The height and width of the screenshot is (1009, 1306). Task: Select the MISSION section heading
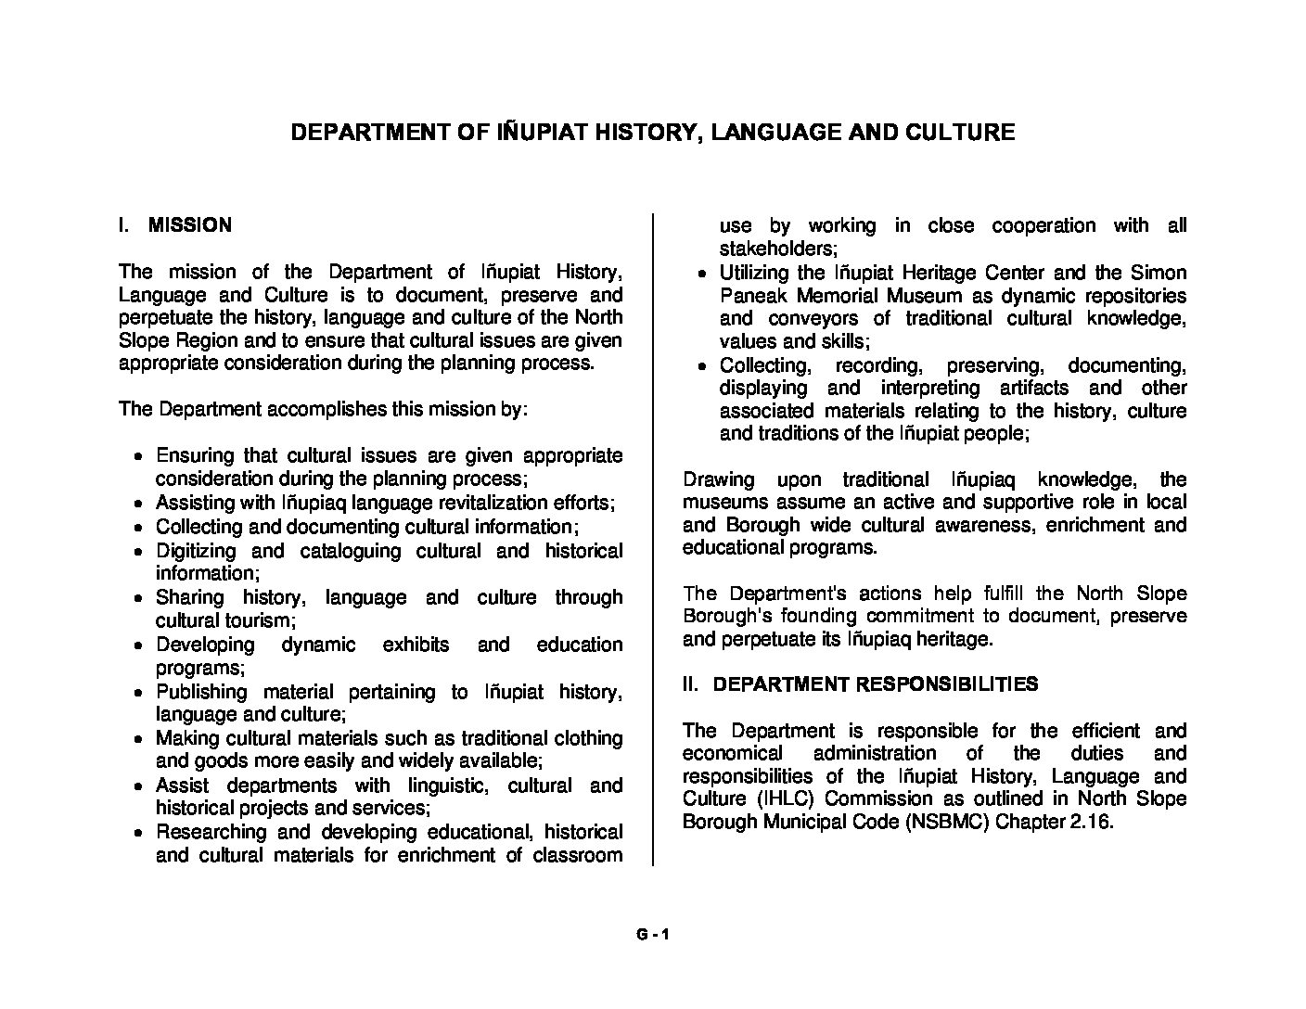click(190, 225)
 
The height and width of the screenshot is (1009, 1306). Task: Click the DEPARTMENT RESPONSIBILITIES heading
click(876, 684)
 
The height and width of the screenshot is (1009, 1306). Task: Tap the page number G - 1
click(652, 935)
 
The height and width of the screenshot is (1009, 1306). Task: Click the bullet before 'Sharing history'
click(137, 599)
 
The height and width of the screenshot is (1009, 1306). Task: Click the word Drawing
click(718, 479)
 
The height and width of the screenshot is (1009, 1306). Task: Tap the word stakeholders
click(777, 249)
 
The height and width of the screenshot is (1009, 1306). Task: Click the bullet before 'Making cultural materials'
click(137, 740)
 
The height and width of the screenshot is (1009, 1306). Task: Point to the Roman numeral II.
click(689, 684)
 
